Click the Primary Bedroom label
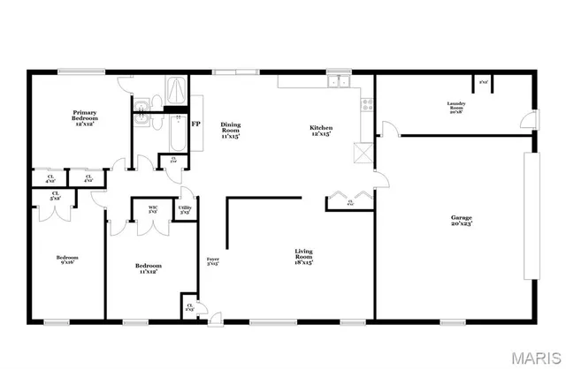tap(84, 117)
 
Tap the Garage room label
tap(461, 219)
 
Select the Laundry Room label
tap(456, 107)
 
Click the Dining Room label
tap(230, 130)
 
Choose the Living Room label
tap(303, 257)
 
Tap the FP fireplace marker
tap(195, 124)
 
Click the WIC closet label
tap(152, 210)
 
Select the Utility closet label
tap(185, 210)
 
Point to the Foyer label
tap(212, 260)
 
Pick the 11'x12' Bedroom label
tap(148, 268)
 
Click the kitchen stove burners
tap(363, 105)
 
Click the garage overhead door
tap(531, 216)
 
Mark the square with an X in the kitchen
tap(359, 152)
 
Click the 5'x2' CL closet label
tap(55, 195)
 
